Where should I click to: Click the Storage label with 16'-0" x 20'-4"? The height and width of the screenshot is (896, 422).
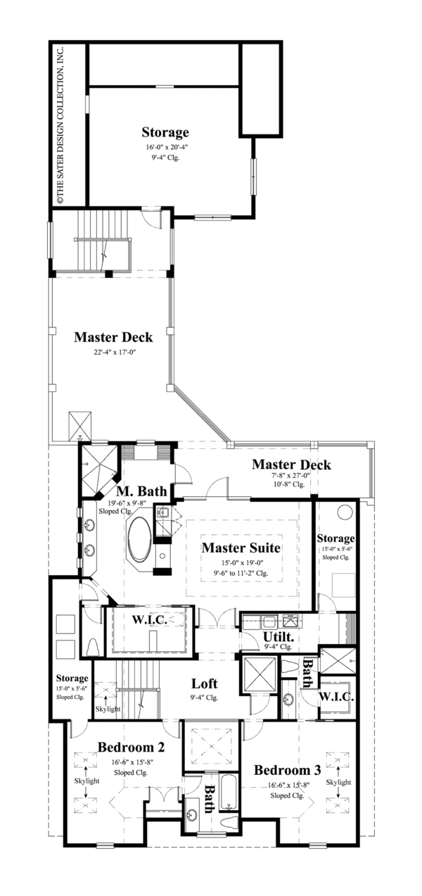[x=165, y=132]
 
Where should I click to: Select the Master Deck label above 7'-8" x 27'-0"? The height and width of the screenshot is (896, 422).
[x=290, y=465]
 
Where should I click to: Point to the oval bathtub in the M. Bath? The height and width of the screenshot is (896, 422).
[x=139, y=539]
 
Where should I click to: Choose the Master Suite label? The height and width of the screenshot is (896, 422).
[x=241, y=547]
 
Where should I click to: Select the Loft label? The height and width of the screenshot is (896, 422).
[x=204, y=683]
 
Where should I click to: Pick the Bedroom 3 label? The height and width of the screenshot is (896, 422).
[x=288, y=769]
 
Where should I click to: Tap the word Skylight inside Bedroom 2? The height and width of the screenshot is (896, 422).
[x=86, y=781]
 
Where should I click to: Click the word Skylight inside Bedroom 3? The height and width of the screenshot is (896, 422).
[x=338, y=782]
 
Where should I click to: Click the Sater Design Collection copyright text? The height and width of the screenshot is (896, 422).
[x=60, y=125]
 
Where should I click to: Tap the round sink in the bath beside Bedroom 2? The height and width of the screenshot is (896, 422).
[x=192, y=817]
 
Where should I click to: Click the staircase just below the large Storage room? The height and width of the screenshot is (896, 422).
[x=102, y=250]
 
